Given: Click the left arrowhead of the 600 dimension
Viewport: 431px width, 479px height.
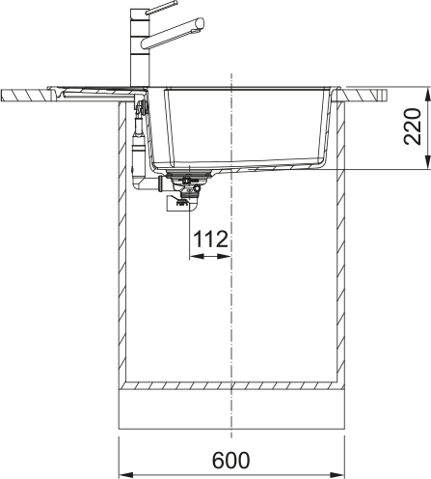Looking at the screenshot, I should coord(122,474).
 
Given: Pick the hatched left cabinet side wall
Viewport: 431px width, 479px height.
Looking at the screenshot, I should coord(122,241).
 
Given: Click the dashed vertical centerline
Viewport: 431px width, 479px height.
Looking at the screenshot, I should coord(230,290).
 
